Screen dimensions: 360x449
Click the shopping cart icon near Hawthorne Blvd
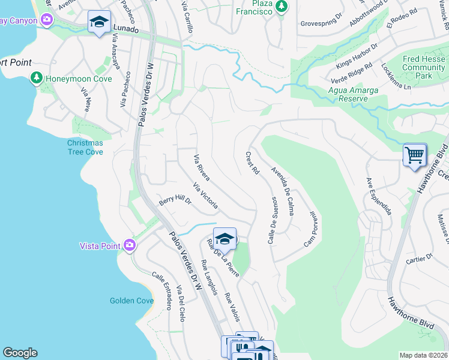click(415, 155)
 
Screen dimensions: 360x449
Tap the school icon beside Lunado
click(99, 22)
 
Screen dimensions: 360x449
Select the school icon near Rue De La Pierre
click(224, 239)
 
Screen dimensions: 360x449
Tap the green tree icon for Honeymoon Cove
click(37, 78)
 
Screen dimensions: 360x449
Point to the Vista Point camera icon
click(129, 245)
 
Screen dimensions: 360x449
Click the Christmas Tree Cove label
click(85, 148)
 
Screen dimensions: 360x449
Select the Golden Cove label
click(131, 301)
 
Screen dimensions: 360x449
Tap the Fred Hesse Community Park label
click(424, 68)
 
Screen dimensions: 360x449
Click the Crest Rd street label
click(252, 163)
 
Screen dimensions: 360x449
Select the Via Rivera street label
click(201, 168)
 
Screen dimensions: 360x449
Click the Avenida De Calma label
click(282, 191)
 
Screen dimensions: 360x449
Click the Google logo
click(20, 353)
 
